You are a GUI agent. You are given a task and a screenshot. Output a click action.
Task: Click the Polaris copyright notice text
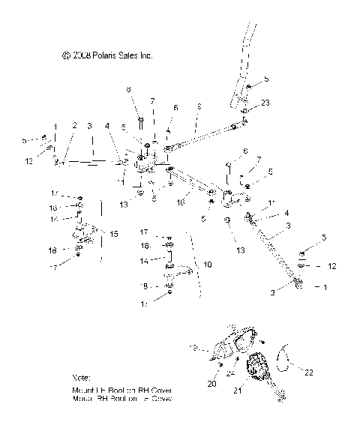[x=108, y=55]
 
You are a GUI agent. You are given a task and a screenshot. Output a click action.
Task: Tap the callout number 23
[x=265, y=102]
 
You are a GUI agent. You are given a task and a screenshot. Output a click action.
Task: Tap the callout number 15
[x=114, y=234]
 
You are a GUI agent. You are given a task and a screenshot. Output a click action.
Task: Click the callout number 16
[x=181, y=202]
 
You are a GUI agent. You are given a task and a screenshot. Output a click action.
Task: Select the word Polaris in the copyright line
[x=101, y=55]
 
